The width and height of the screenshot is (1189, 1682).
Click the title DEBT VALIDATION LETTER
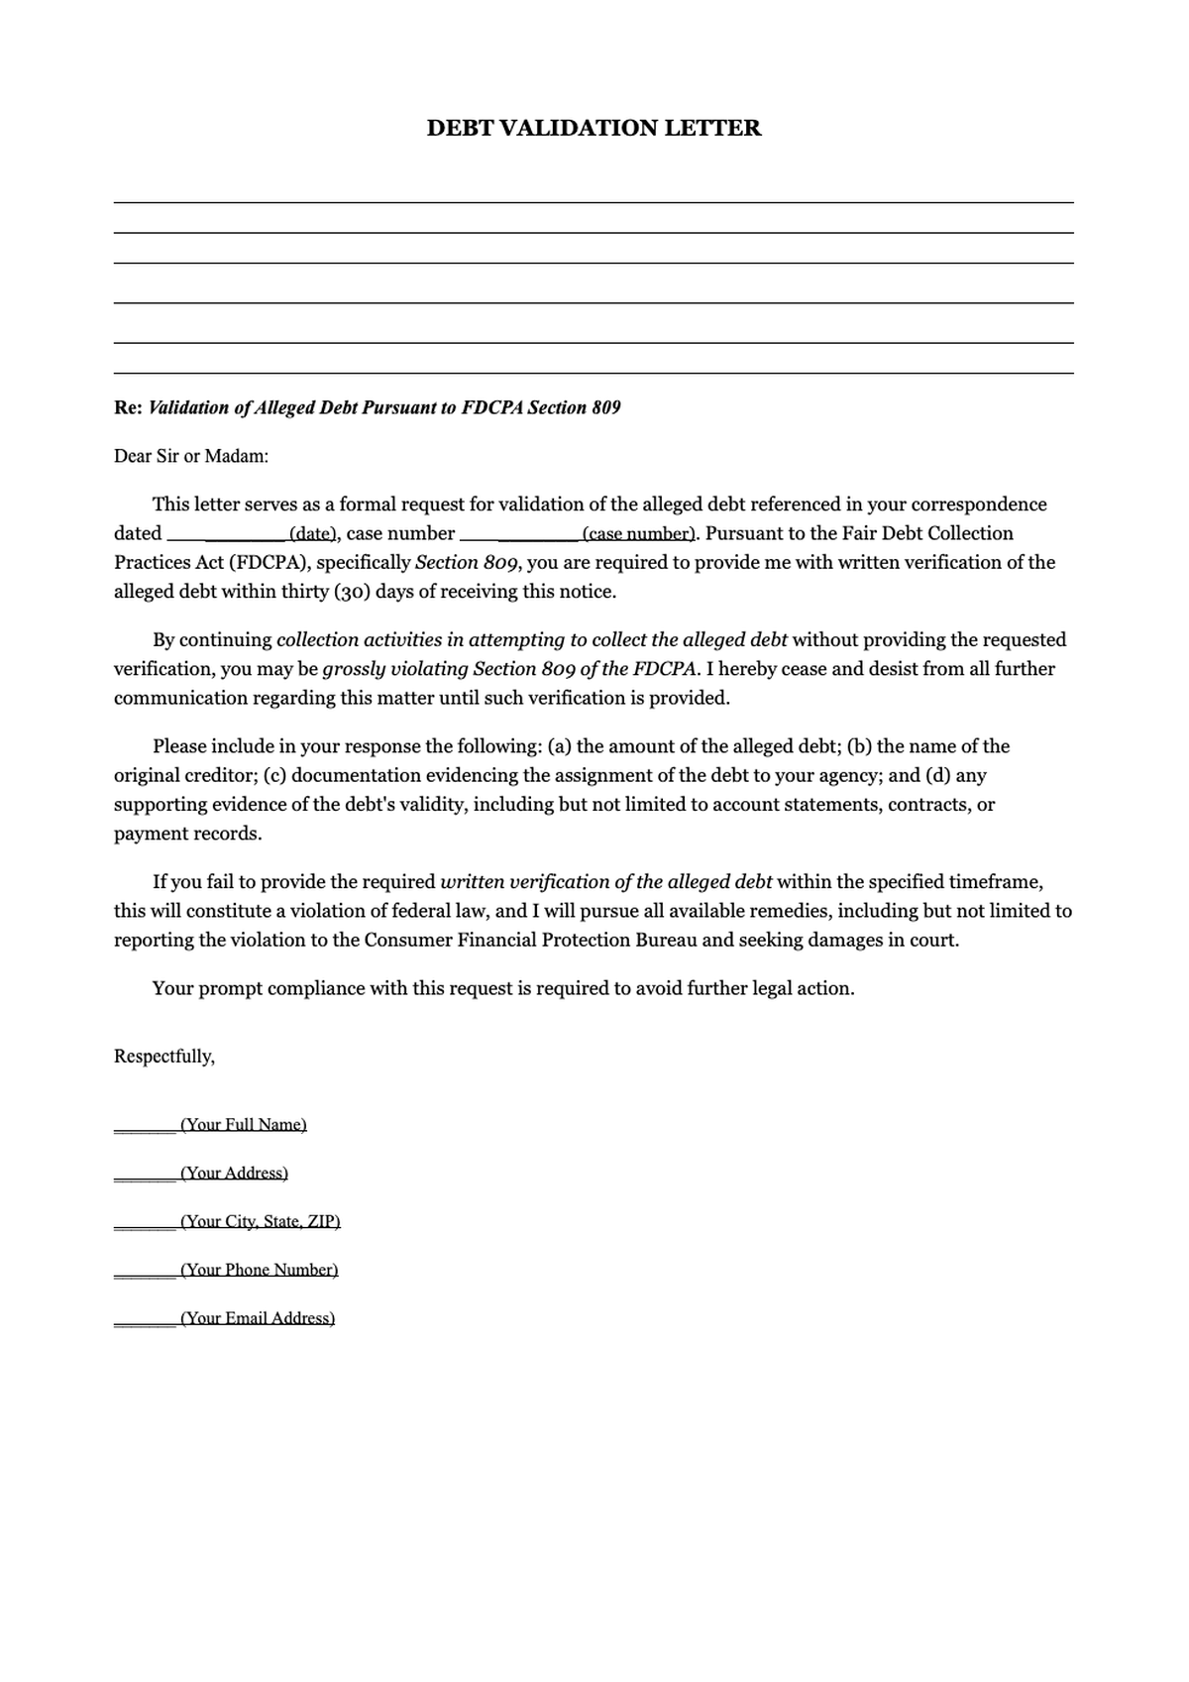594,128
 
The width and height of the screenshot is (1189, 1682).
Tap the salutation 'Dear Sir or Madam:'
191,456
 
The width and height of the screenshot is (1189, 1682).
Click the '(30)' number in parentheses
349,592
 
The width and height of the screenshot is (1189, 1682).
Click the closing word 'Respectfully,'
164,1057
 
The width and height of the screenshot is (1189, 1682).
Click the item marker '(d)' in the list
937,775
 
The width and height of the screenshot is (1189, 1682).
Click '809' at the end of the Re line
606,407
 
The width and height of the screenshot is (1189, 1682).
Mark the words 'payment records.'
188,834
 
